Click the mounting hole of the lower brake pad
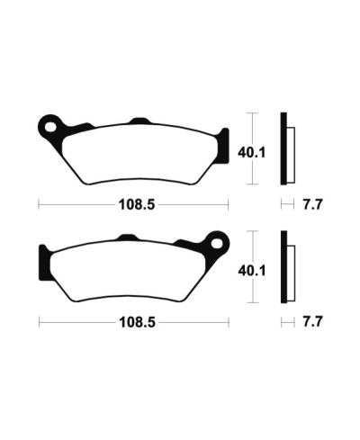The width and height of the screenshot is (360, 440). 215,241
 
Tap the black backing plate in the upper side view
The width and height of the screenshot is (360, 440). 285,148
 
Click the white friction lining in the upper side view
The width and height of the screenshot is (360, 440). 292,152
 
